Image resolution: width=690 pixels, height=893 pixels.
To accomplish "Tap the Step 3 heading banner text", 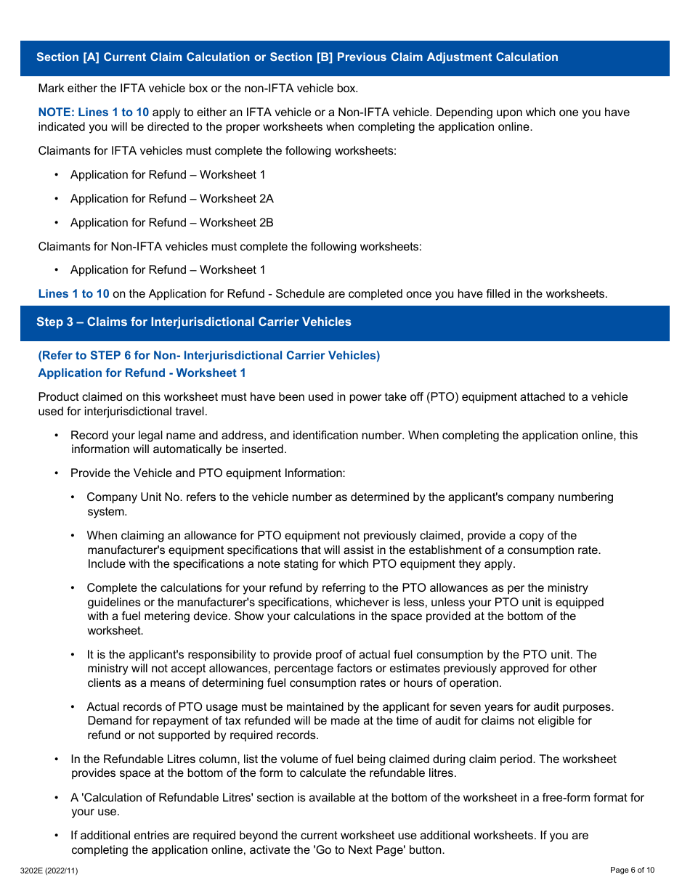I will (x=194, y=322).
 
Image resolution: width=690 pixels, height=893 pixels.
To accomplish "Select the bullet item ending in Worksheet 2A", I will (x=171, y=198).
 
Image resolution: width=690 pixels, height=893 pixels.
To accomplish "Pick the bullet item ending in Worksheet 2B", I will (x=171, y=222).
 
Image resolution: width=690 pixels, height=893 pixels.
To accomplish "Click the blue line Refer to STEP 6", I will (x=208, y=355).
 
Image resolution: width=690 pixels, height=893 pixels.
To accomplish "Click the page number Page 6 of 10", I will (x=632, y=870).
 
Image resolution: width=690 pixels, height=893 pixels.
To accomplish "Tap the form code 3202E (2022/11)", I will (x=49, y=870).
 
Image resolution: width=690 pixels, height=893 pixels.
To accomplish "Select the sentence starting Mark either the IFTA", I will (x=198, y=89).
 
